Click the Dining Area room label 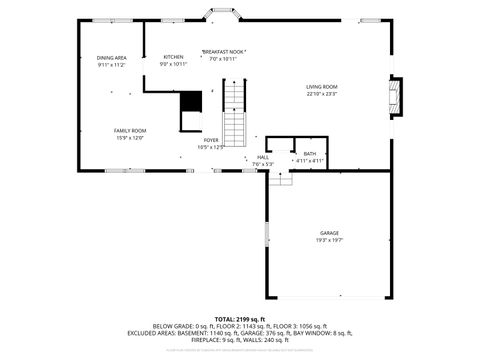coord(111,58)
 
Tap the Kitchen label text coord(174,57)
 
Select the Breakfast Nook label coord(224,51)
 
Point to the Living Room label coord(321,87)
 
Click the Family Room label coord(129,130)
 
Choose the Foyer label coord(211,140)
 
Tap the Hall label coord(263,156)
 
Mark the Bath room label coord(309,153)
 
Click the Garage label coord(329,232)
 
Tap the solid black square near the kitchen coord(190,101)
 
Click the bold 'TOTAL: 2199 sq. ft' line coord(240,319)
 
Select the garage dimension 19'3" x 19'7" coord(329,240)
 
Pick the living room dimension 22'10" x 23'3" coord(321,94)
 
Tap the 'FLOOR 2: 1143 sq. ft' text coord(242,326)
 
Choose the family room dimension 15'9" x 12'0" coord(129,137)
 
